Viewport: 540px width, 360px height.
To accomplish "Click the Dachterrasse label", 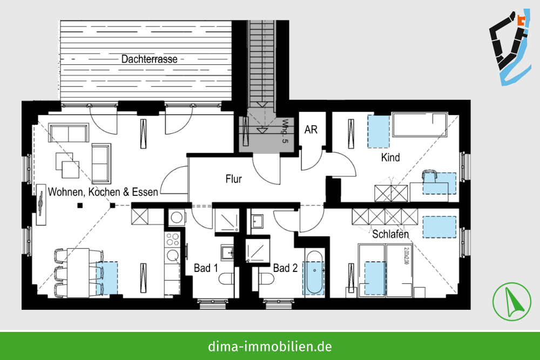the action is pyautogui.click(x=150, y=59).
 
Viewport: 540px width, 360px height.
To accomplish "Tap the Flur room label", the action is pyautogui.click(x=233, y=179).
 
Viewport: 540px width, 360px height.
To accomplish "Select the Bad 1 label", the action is pyautogui.click(x=206, y=268).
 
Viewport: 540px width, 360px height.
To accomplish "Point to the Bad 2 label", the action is pyautogui.click(x=285, y=268).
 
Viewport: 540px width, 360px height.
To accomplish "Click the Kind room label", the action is pyautogui.click(x=390, y=158).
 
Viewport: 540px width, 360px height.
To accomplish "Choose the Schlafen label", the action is pyautogui.click(x=390, y=234).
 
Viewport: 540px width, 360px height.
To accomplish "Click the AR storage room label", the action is pyautogui.click(x=310, y=130).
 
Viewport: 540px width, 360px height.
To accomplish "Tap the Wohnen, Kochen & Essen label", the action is pyautogui.click(x=103, y=192).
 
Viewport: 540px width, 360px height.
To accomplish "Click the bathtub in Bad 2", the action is pyautogui.click(x=314, y=272).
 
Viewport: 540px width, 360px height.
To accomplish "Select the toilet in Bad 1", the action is pyautogui.click(x=227, y=279).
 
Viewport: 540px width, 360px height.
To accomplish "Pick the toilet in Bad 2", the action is pyautogui.click(x=266, y=279).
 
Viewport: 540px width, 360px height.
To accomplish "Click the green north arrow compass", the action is pyautogui.click(x=511, y=302).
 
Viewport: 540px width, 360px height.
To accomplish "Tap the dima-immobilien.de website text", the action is pyautogui.click(x=269, y=346).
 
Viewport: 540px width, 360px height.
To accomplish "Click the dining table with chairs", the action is pyautogui.click(x=78, y=273).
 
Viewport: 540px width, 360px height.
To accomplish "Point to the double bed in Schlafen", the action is pyautogui.click(x=385, y=270).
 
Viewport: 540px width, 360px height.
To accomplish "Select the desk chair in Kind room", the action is pyautogui.click(x=429, y=175).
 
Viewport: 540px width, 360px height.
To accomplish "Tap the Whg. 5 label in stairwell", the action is pyautogui.click(x=285, y=132).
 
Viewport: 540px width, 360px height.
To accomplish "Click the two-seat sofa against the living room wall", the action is pyautogui.click(x=69, y=133).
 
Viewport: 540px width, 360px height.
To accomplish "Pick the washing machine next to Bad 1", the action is pyautogui.click(x=177, y=218).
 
